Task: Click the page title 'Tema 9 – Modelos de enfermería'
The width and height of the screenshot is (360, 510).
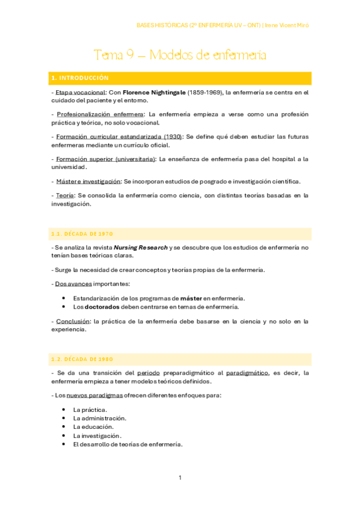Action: coord(180,55)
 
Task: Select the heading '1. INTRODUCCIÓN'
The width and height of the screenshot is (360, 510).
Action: coord(80,78)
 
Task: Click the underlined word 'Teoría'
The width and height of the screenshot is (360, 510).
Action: coord(64,195)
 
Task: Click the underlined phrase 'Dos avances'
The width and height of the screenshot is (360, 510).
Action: coord(71,283)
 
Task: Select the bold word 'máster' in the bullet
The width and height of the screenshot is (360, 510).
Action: coord(191,298)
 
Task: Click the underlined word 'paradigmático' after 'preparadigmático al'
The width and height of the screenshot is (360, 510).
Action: coord(246,373)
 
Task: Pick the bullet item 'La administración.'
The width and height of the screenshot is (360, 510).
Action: coord(100,418)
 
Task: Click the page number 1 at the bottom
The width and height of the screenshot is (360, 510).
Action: coord(180,478)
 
